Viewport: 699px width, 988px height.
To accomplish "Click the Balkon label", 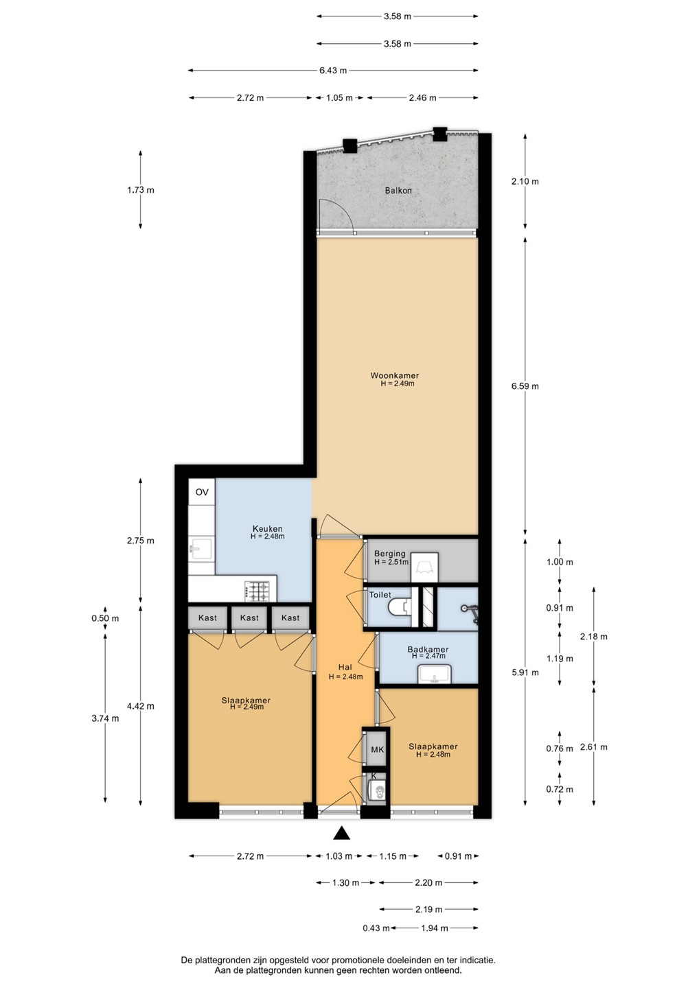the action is coord(398,191).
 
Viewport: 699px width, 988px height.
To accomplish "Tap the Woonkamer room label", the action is coord(395,376).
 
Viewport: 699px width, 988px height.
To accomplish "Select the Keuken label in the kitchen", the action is coord(267,528).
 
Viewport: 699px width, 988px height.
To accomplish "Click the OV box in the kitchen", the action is coord(202,492).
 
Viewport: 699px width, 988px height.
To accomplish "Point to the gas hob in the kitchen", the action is coord(257,591).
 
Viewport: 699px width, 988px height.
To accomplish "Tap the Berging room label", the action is coord(389,554).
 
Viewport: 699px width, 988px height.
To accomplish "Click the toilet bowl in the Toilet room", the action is coord(400,608).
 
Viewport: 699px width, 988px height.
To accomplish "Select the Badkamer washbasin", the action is coord(434,674).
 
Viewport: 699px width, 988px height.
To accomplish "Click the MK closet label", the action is coord(377,749).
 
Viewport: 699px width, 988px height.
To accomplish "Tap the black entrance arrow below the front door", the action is coord(341,833).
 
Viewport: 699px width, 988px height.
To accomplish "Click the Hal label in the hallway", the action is coord(345,668).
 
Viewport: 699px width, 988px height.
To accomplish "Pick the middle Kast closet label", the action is coord(249,618).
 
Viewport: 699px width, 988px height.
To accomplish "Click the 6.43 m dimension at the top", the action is coord(333,70).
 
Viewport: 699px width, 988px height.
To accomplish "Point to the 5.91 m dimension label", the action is coord(525,672).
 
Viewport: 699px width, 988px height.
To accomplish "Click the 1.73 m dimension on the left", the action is coord(141,190).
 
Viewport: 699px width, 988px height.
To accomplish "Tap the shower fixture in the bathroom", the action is coord(470,611).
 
